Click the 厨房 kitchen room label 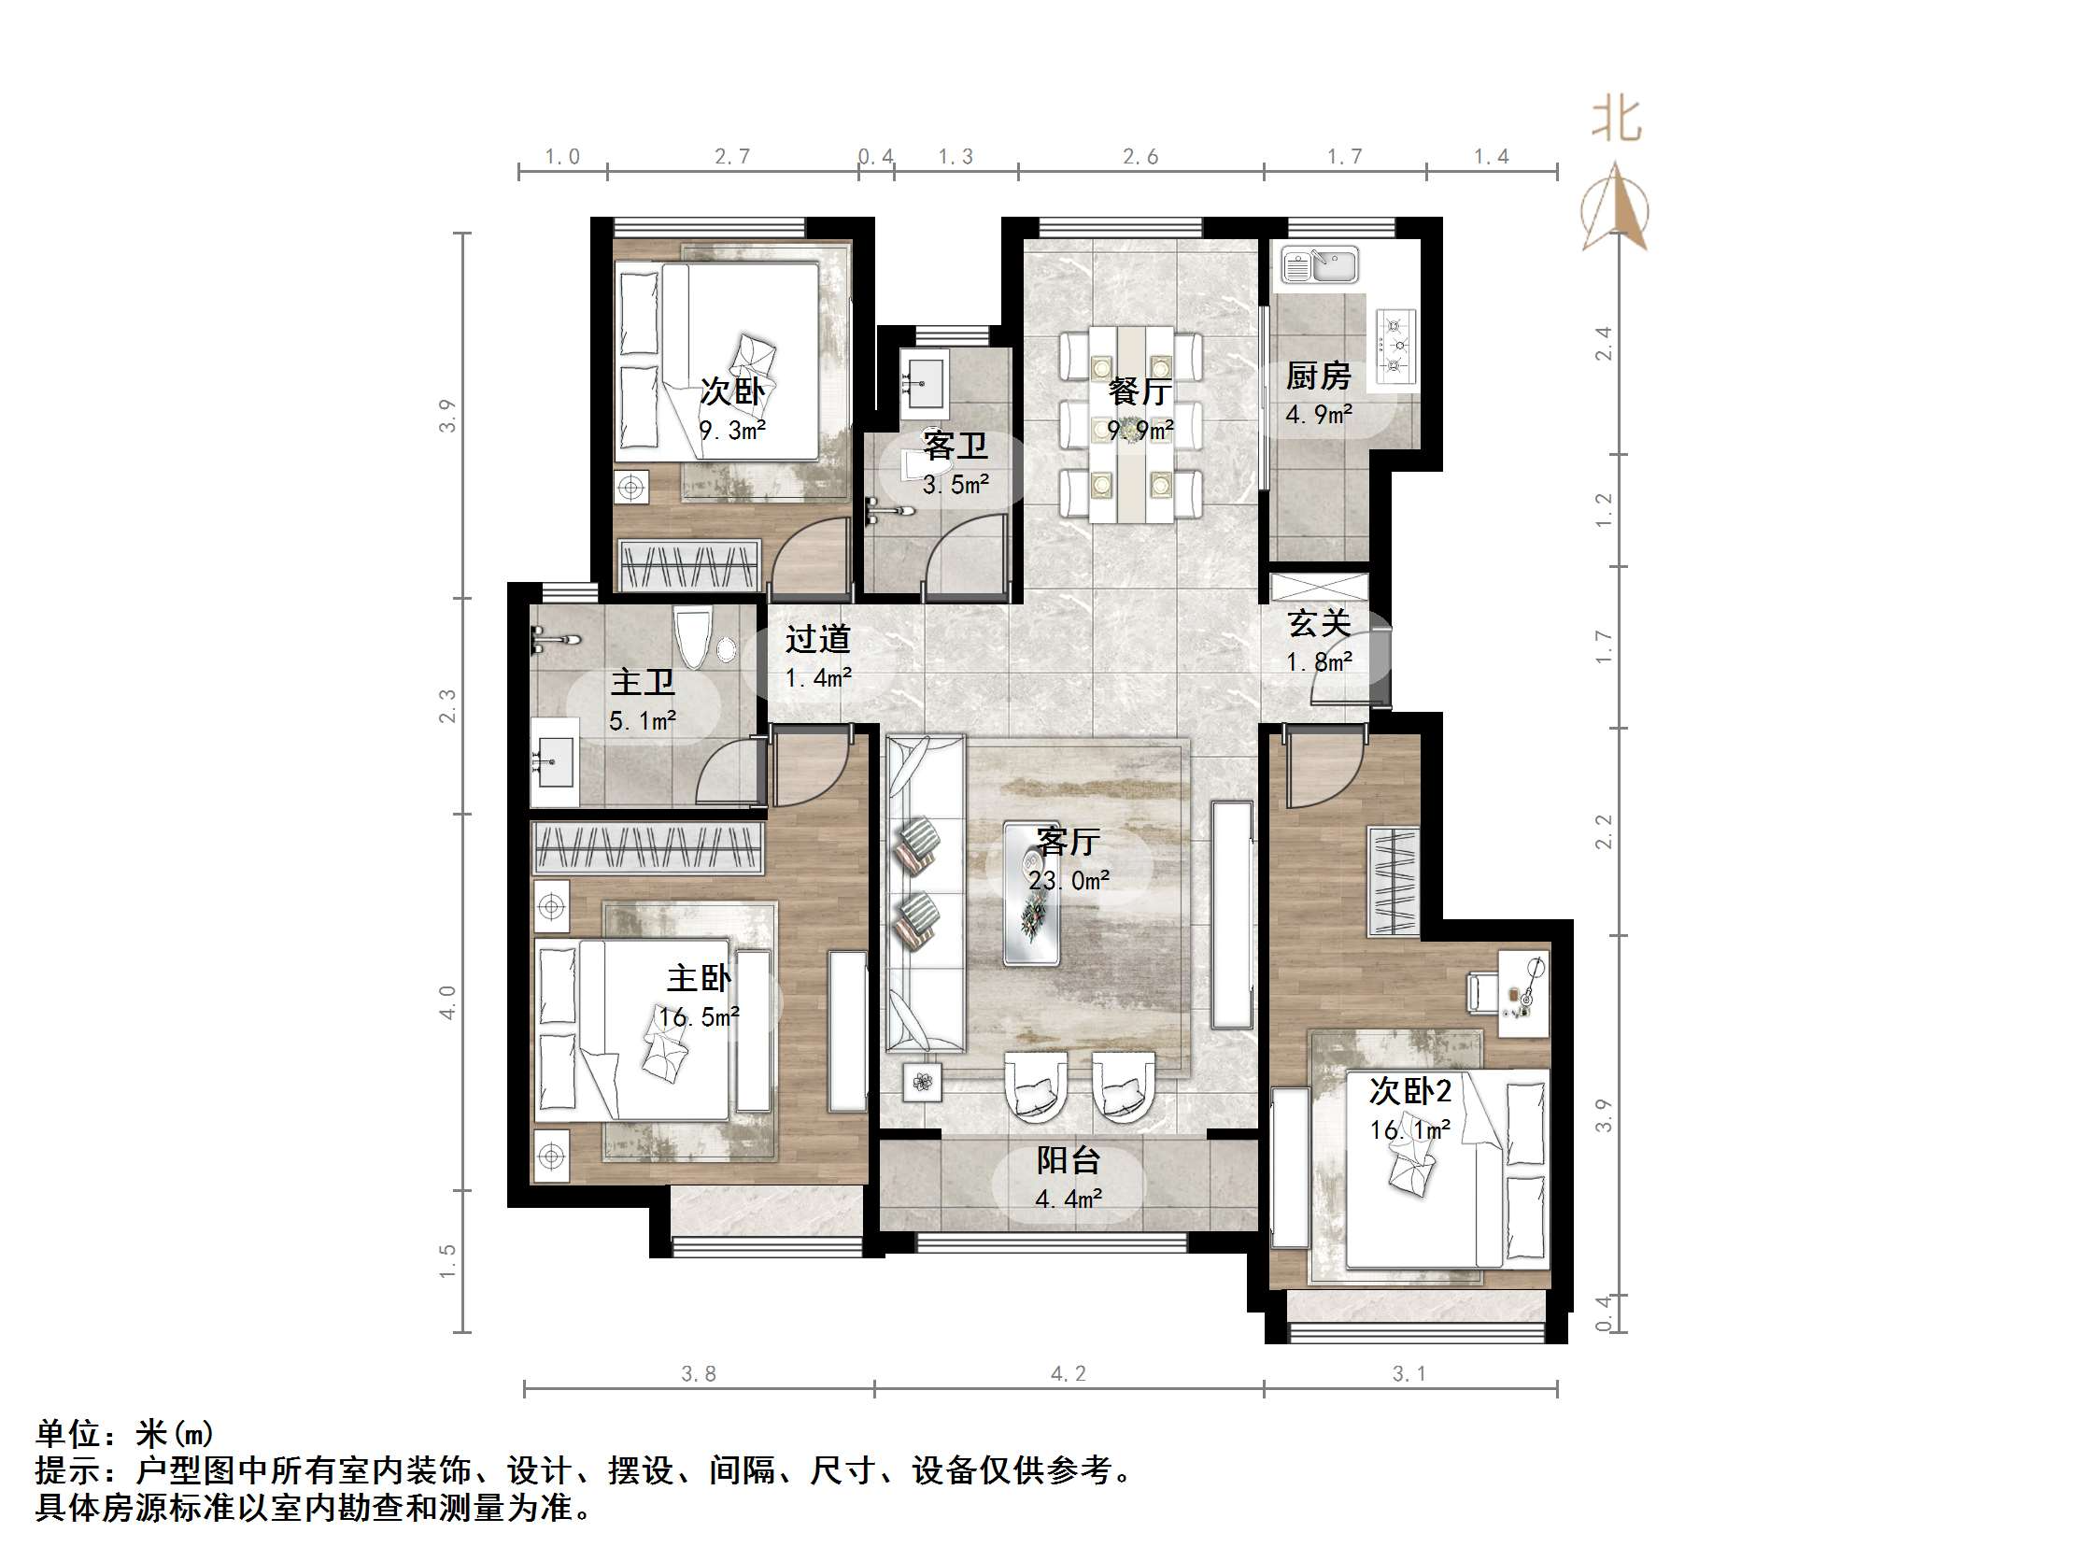(1317, 376)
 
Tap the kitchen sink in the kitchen (1320, 266)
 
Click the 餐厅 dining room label (1140, 391)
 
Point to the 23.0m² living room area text (1069, 881)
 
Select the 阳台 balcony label (1068, 1160)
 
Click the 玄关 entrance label (1319, 623)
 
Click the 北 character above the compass (1615, 121)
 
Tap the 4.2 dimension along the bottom (1068, 1374)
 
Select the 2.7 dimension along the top (732, 156)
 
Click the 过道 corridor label (817, 639)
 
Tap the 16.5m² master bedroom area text (699, 1017)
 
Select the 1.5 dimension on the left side (446, 1261)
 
